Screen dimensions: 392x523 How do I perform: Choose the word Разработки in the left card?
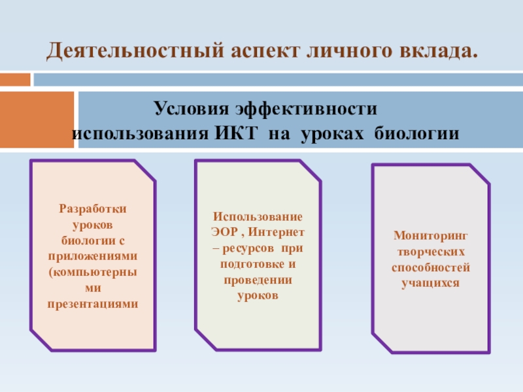tap(93, 208)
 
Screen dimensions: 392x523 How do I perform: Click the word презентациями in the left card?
tap(93, 304)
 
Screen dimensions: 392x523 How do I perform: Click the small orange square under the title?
tap(15, 79)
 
